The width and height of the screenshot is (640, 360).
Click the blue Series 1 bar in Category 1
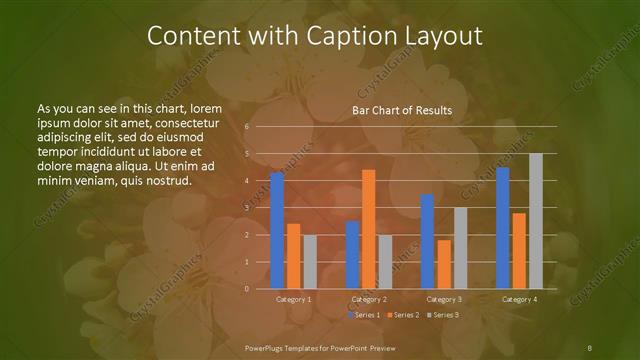click(277, 230)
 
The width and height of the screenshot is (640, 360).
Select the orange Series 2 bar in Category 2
click(368, 229)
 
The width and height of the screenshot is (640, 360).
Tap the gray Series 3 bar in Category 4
click(535, 221)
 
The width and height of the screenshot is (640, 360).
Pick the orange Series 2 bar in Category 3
click(444, 264)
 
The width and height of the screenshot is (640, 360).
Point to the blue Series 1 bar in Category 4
click(503, 228)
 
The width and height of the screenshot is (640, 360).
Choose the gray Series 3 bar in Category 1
click(309, 262)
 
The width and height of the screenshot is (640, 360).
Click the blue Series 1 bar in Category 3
click(427, 241)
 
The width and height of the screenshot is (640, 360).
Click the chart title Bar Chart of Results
click(402, 110)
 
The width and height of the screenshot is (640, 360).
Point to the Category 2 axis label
click(369, 299)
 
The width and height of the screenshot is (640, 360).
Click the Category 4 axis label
click(519, 299)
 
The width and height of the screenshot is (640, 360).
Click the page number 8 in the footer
click(590, 346)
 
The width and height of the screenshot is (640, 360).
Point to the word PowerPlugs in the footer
click(268, 346)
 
